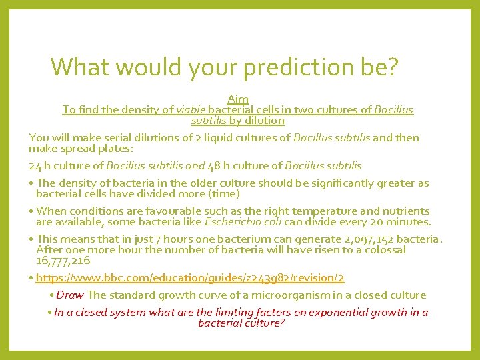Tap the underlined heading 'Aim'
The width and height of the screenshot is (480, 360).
[x=238, y=99]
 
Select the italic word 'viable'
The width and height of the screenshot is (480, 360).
[x=191, y=109]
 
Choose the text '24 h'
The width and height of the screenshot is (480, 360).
[x=39, y=165]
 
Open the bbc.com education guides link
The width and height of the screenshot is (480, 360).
[x=190, y=277]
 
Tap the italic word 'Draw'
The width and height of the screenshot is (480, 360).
[x=70, y=295]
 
